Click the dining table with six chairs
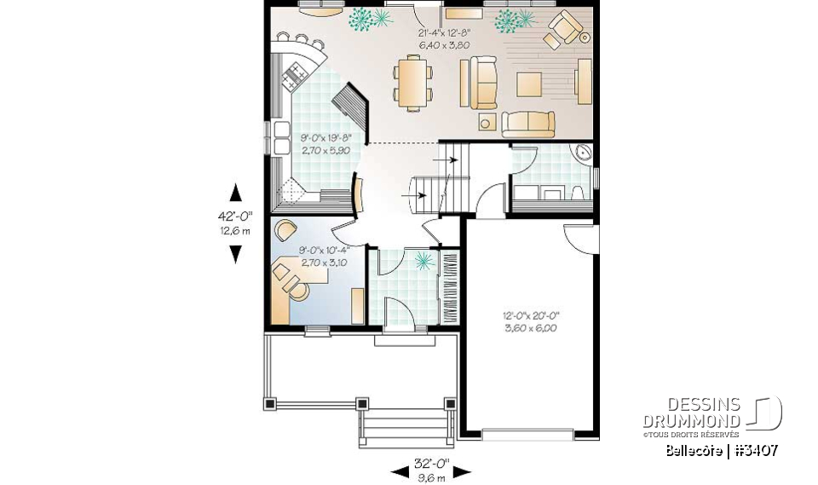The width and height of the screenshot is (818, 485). [x=412, y=84]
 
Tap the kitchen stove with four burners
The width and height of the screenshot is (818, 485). [x=294, y=75]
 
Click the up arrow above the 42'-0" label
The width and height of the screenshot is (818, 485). [x=236, y=193]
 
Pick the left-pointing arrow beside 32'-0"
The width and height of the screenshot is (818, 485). [x=400, y=472]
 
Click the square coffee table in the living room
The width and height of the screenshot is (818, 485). [x=529, y=84]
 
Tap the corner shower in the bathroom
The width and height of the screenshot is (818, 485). [x=582, y=154]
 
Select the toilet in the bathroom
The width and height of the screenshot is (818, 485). [x=578, y=193]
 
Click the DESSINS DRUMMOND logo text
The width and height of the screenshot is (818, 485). [x=691, y=413]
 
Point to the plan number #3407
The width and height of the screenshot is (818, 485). [x=756, y=450]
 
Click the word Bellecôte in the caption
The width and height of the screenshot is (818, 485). [x=694, y=450]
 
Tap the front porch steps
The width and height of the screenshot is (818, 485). [x=406, y=427]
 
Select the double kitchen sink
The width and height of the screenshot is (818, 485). [x=282, y=138]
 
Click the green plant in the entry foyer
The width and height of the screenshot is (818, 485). [x=423, y=261]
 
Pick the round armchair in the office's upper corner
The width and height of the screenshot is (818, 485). [x=285, y=230]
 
